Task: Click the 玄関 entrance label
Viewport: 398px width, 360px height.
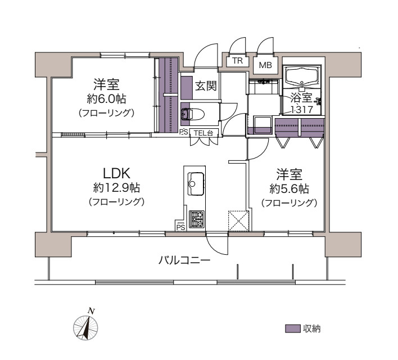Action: (x=206, y=86)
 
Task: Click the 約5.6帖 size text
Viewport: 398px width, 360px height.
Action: (x=288, y=188)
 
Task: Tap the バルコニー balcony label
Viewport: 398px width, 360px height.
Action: (x=184, y=260)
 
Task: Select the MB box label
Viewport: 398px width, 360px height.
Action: (x=265, y=65)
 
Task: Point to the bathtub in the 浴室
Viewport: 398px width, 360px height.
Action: (x=302, y=76)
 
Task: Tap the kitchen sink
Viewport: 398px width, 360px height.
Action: (x=195, y=182)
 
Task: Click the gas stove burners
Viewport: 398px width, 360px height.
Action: (x=196, y=218)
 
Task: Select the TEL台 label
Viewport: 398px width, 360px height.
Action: (x=204, y=133)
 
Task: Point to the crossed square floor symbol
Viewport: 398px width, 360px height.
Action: (x=238, y=220)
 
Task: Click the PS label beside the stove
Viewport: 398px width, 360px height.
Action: (x=180, y=227)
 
